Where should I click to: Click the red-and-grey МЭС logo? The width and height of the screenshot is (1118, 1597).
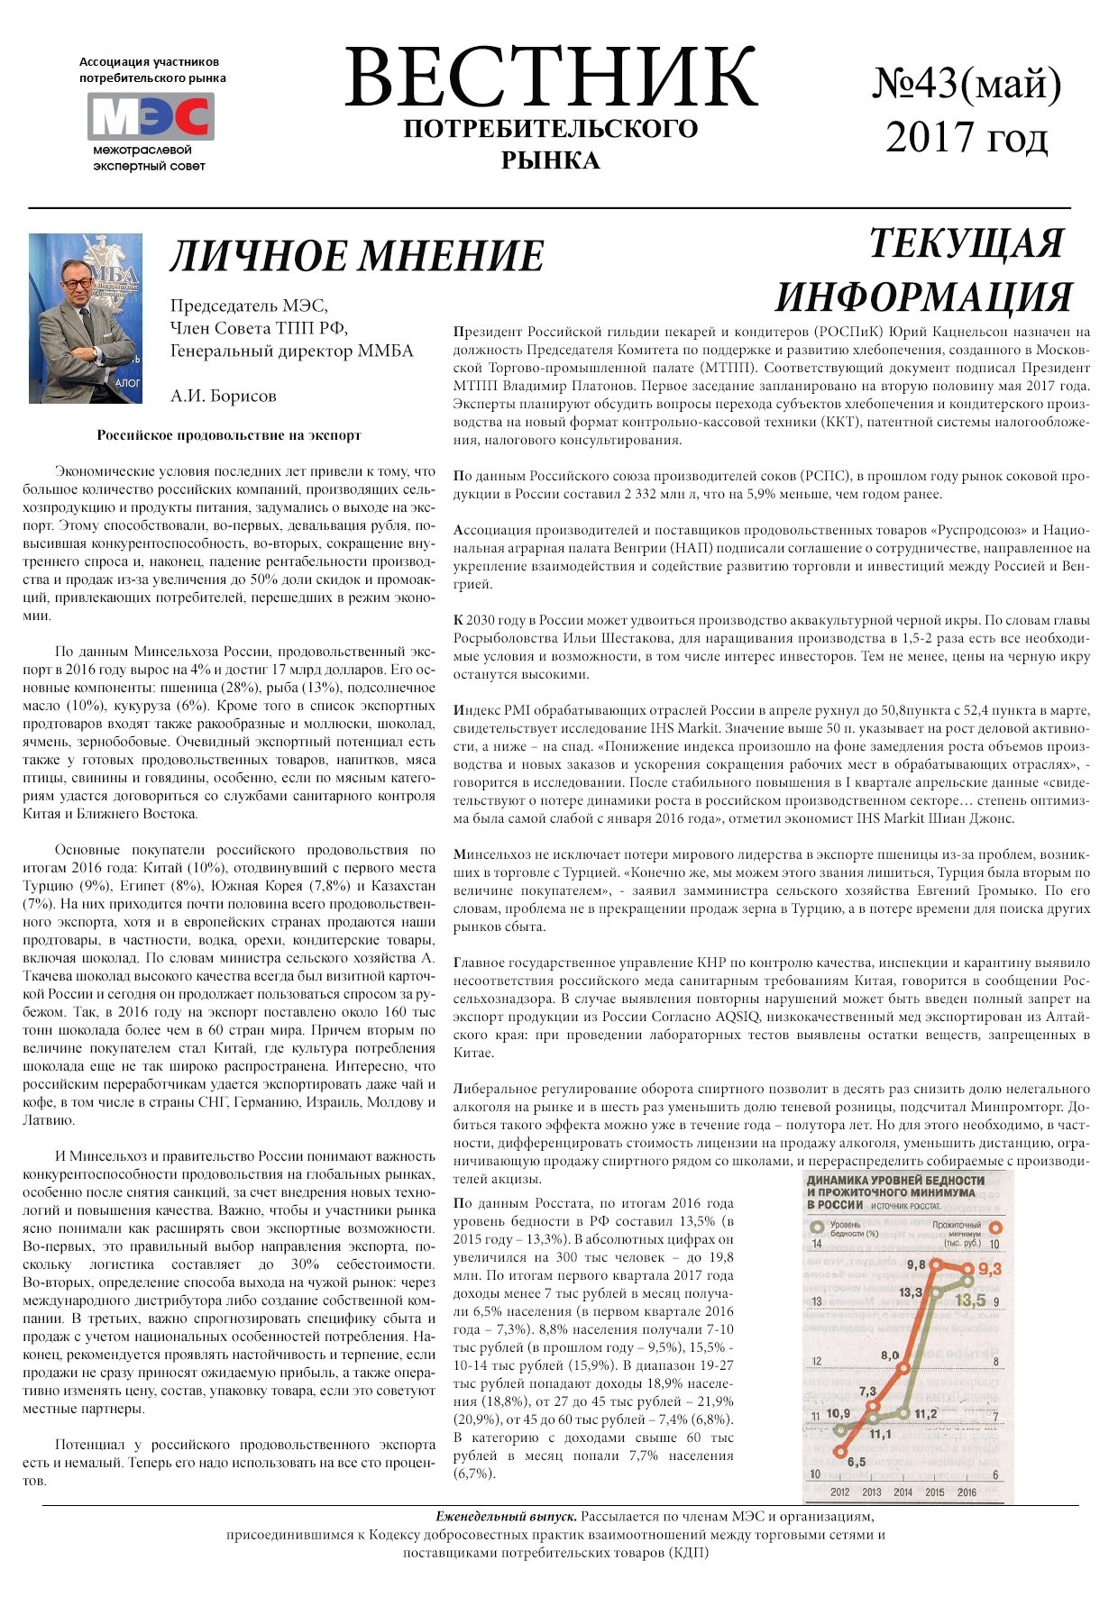151,116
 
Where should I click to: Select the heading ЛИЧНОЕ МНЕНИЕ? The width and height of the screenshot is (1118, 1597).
357,256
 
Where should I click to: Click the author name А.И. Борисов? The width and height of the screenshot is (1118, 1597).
223,396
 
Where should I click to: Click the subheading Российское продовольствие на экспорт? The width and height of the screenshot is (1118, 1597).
229,435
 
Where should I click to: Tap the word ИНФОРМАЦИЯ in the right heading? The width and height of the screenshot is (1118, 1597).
923,297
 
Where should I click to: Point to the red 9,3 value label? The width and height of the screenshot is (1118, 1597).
989,1270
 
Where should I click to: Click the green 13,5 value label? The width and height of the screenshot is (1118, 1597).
970,1300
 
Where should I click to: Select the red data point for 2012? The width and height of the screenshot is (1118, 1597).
840,1451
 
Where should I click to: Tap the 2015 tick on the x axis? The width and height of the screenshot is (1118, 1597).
935,1492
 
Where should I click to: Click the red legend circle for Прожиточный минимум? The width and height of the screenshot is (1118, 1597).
996,1227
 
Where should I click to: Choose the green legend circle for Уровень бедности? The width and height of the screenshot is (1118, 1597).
818,1227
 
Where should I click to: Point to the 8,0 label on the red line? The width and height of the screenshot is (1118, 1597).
890,1355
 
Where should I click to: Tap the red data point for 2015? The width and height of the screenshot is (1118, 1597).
936,1264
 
